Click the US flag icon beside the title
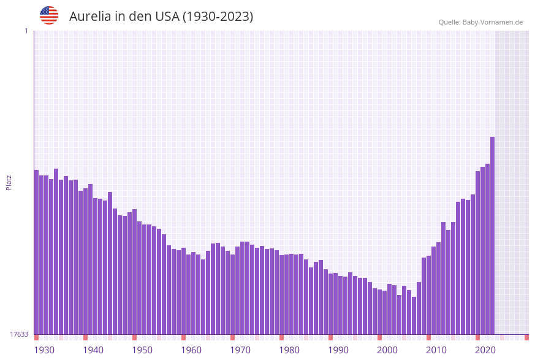(x=49, y=15)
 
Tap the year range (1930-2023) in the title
(x=218, y=17)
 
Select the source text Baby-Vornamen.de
(x=493, y=22)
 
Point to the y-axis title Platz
(x=9, y=183)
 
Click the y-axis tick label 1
(x=26, y=31)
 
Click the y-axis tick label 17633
(x=19, y=334)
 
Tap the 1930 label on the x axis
(x=44, y=350)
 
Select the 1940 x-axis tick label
(x=93, y=350)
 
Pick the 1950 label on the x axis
(x=142, y=350)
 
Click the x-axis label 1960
(x=191, y=350)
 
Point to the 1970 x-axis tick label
(x=240, y=350)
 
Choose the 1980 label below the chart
(x=289, y=350)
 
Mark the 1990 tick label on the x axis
(x=338, y=350)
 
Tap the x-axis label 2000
(x=387, y=350)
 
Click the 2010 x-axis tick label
(x=436, y=350)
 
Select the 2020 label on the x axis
(x=485, y=350)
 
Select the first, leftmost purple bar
(x=36, y=251)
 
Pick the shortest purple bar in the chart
(x=414, y=316)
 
